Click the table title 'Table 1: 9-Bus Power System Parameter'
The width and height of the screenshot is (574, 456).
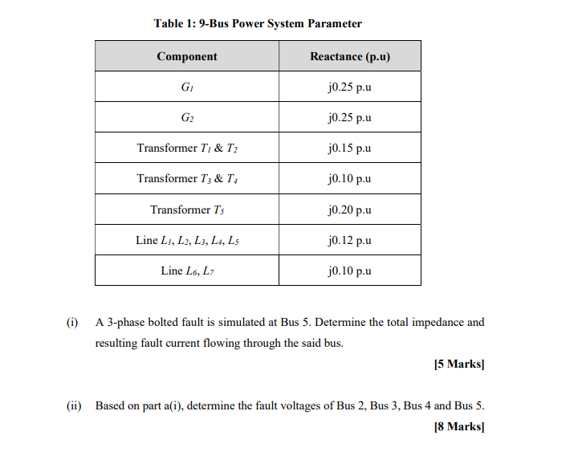click(x=258, y=23)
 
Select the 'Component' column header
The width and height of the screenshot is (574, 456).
click(x=187, y=56)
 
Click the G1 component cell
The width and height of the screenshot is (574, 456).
click(x=187, y=87)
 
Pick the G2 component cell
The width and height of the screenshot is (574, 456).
click(x=187, y=118)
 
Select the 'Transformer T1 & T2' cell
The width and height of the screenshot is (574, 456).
click(x=187, y=149)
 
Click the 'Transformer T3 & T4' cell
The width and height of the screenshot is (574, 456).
click(x=187, y=179)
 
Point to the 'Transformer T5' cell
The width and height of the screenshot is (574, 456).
click(x=187, y=210)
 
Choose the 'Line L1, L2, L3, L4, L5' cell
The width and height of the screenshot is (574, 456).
click(x=187, y=240)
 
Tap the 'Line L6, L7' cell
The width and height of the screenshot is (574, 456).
click(x=187, y=271)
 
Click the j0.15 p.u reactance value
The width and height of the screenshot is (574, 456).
click(x=349, y=149)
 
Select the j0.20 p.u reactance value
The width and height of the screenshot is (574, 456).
click(x=349, y=210)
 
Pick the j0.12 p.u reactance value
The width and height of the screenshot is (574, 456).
click(x=349, y=240)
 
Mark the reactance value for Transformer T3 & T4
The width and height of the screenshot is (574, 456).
click(x=349, y=179)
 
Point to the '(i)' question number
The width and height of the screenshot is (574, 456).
click(x=72, y=323)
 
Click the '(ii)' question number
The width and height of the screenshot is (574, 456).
click(x=74, y=405)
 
